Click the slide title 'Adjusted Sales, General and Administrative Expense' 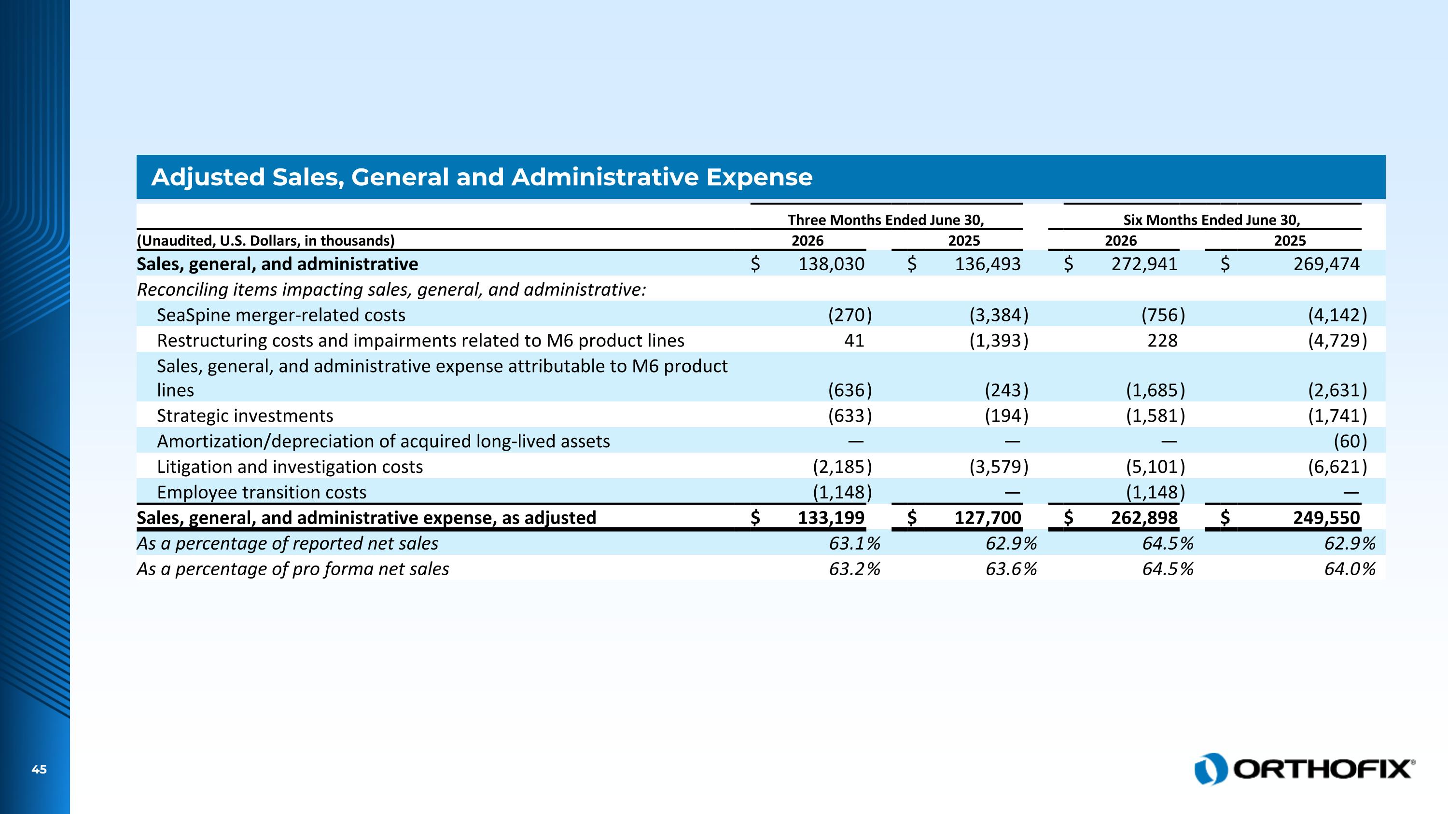482,178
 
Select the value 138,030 831,264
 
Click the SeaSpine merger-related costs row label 281,315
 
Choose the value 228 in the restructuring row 1162,341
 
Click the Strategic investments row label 245,416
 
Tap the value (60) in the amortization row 1350,441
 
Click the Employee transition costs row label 262,493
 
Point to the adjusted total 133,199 831,518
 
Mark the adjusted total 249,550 1326,518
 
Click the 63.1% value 855,543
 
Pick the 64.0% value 1350,569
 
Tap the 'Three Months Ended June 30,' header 886,220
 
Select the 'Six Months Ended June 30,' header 1212,220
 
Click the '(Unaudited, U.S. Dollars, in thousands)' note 266,241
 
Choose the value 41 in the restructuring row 854,341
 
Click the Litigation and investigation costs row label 290,467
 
